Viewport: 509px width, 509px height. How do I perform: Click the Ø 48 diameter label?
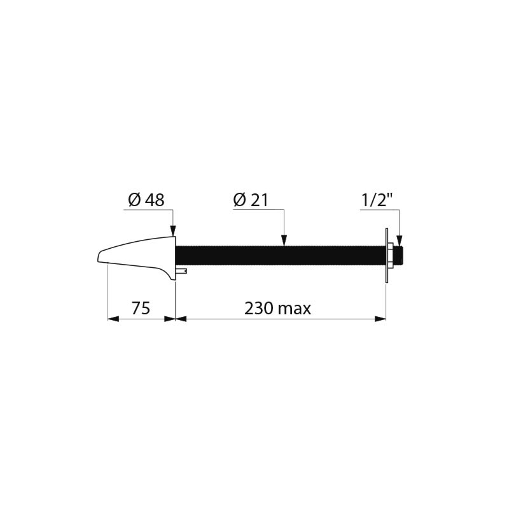pos(146,200)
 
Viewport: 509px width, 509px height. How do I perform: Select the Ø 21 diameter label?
pos(251,200)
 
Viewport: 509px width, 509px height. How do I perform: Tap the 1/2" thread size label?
pos(377,200)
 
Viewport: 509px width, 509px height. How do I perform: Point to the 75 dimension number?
pos(141,308)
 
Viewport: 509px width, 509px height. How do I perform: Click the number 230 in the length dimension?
pos(259,308)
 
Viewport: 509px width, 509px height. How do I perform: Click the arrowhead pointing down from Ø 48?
pos(172,230)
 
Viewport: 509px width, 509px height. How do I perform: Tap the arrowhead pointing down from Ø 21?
pos(284,241)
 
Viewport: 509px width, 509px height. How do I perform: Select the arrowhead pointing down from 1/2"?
pos(400,241)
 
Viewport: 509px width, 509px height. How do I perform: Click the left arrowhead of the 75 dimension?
pos(113,319)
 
